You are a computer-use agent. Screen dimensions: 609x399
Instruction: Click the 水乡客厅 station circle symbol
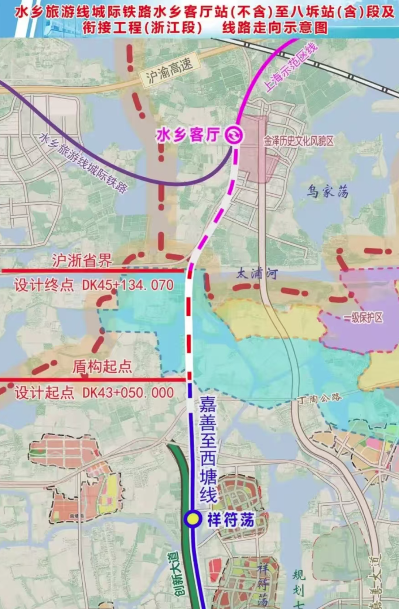[234, 135]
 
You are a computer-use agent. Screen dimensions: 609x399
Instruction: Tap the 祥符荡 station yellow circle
[192, 519]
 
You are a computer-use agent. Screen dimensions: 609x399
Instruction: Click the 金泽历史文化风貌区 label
[299, 141]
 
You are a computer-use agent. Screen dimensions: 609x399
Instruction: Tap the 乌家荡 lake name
[328, 191]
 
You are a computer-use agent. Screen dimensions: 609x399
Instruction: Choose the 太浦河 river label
[257, 274]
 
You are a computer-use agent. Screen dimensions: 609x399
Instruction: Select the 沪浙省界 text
[82, 260]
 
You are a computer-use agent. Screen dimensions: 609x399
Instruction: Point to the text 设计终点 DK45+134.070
[94, 285]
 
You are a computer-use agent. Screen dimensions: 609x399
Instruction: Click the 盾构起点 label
[102, 366]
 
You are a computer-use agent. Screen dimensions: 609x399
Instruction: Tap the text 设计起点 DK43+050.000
[94, 392]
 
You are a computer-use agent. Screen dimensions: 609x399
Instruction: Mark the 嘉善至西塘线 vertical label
[208, 450]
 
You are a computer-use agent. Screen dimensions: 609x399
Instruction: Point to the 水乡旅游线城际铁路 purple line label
[83, 163]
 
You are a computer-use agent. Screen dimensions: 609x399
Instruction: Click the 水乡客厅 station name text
[188, 135]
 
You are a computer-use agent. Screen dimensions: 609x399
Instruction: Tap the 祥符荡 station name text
[231, 520]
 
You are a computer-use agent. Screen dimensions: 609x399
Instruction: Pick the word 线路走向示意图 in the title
[275, 27]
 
